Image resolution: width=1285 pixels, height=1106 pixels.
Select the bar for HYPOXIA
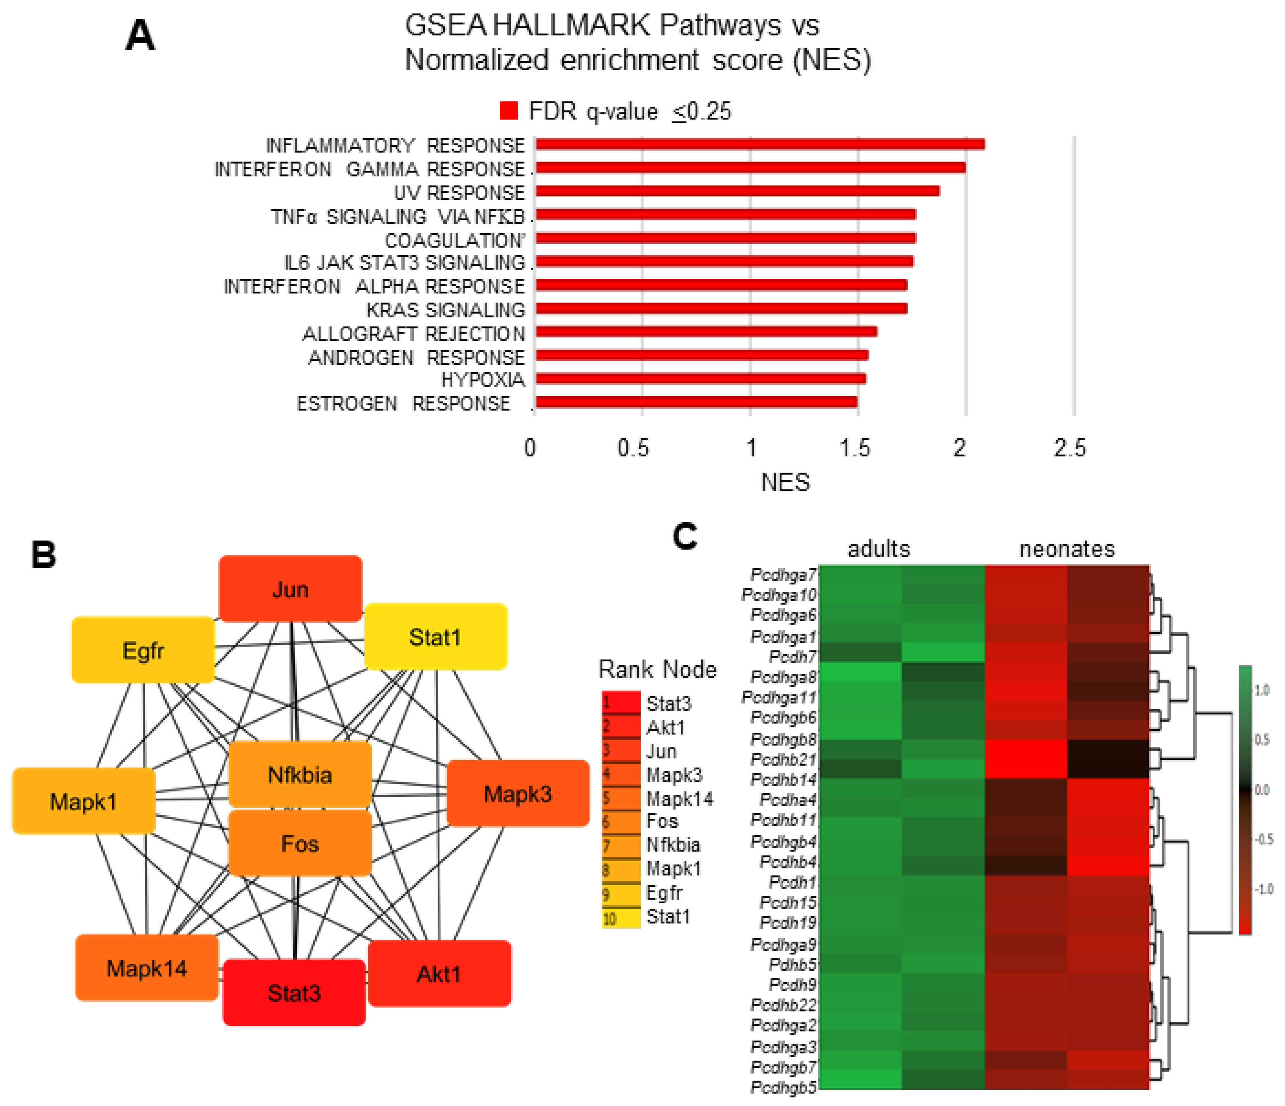(701, 378)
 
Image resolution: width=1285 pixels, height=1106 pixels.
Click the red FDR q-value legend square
(509, 111)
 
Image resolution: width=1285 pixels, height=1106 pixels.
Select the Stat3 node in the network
(294, 992)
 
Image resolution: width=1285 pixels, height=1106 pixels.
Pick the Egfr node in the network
(143, 650)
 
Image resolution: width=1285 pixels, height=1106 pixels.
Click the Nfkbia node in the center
(300, 774)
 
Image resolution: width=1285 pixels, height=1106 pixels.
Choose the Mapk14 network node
(147, 968)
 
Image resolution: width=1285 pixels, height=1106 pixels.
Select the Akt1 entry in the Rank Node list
(665, 727)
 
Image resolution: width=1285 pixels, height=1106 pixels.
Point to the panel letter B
(43, 555)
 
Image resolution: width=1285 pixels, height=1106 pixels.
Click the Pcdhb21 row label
(783, 759)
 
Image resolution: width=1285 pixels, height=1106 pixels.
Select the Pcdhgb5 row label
(783, 1087)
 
